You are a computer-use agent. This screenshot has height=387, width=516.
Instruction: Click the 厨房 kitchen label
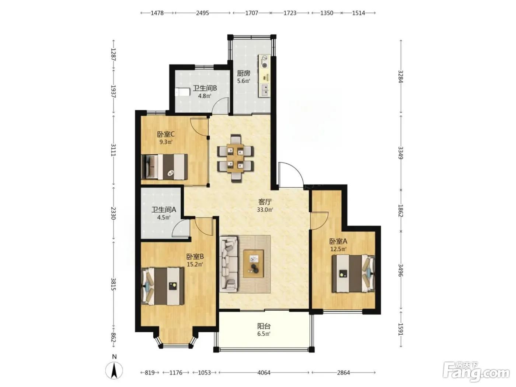click(x=243, y=73)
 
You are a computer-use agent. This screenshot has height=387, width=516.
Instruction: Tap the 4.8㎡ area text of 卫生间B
click(x=205, y=96)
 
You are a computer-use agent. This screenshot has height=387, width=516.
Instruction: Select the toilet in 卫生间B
click(x=182, y=92)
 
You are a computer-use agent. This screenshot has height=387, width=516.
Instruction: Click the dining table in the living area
click(x=235, y=158)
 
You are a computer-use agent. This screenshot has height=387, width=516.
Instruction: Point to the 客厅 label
click(x=265, y=202)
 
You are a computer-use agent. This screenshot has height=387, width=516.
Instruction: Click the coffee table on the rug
click(x=254, y=264)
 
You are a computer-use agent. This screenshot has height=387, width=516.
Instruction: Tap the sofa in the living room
click(x=229, y=264)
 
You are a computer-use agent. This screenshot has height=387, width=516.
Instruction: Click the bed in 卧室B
click(x=163, y=286)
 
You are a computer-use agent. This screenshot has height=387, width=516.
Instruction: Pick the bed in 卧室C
click(x=164, y=167)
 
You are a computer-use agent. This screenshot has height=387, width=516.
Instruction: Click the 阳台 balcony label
click(x=264, y=326)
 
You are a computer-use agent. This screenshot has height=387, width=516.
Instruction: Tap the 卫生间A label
click(x=164, y=210)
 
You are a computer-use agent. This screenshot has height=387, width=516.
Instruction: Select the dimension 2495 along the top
click(x=202, y=13)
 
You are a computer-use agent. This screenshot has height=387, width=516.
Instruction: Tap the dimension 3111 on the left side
click(x=114, y=150)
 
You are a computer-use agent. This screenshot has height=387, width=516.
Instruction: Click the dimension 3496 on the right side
click(x=401, y=270)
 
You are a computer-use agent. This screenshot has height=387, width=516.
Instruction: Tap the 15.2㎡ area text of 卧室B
click(x=195, y=264)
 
